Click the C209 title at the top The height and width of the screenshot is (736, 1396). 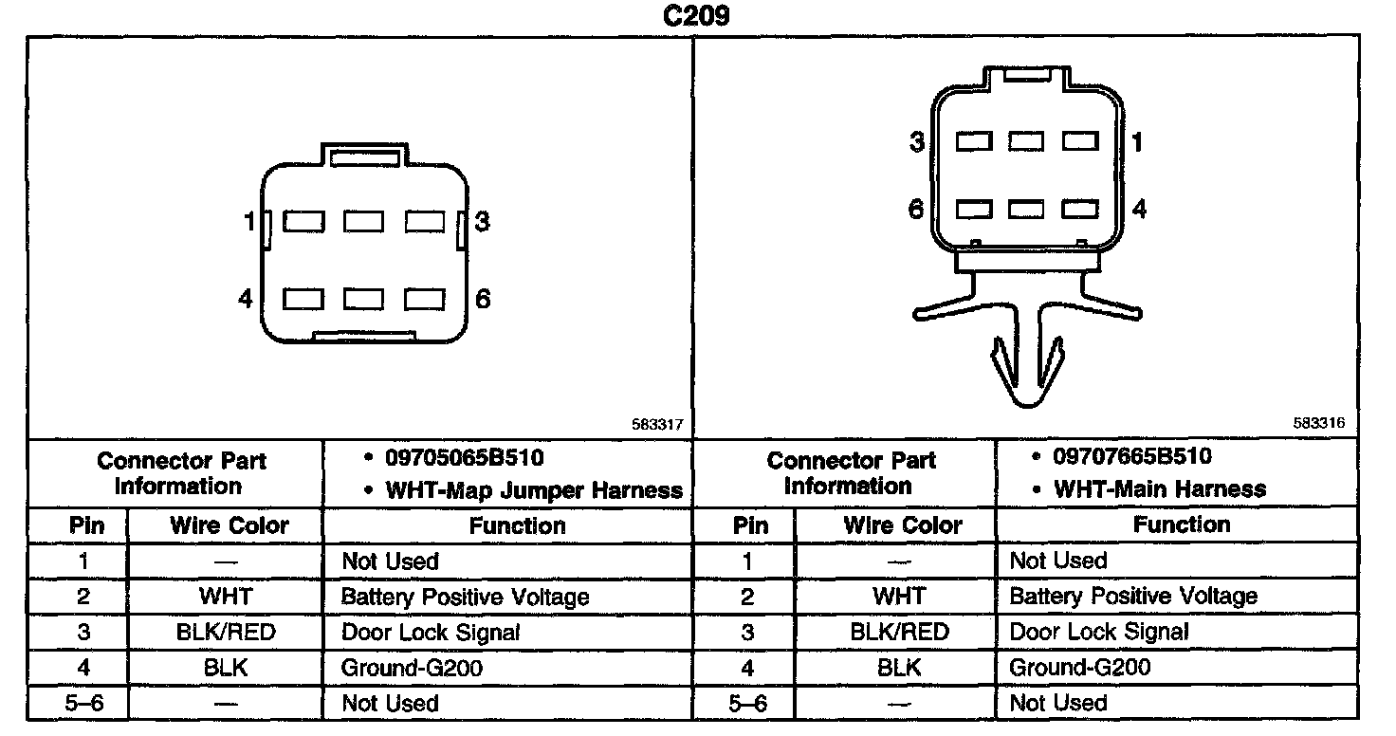coord(697,17)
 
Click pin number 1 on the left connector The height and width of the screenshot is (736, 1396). coord(249,222)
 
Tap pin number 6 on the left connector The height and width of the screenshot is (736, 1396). coord(483,300)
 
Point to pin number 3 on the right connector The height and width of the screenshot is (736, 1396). coord(916,142)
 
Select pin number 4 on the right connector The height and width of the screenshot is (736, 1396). coord(1139,209)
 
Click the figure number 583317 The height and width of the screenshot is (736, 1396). coord(656,426)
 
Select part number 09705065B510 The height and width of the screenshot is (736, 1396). coord(464,458)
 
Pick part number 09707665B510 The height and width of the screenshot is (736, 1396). coord(1132,456)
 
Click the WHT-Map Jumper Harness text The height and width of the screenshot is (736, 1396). coord(534,490)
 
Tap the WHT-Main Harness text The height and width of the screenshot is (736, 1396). coord(1160,489)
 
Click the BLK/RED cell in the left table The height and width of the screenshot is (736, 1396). coord(226,632)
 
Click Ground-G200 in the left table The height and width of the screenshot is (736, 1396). coord(412,668)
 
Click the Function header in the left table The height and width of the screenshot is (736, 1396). coord(517,525)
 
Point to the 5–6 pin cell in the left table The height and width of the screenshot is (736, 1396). coord(83,704)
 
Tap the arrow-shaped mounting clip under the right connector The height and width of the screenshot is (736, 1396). coord(1025,365)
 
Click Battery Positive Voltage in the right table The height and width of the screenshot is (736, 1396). coord(1133,597)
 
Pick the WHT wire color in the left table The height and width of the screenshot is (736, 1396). coord(226,597)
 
